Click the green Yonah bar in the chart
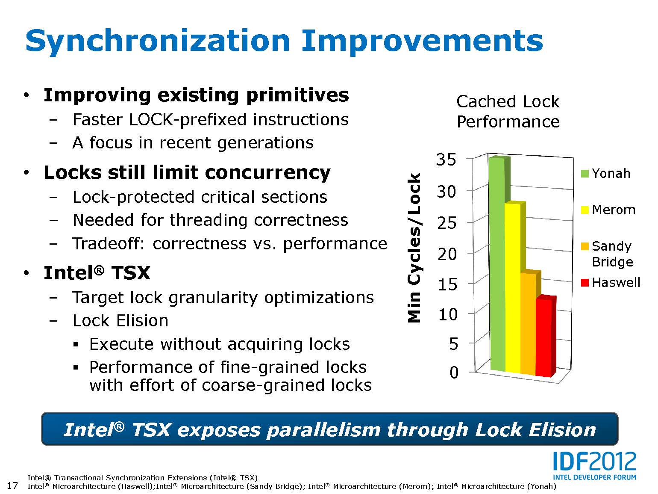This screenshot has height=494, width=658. pyautogui.click(x=497, y=265)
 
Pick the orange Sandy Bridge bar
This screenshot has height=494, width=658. pyautogui.click(x=528, y=325)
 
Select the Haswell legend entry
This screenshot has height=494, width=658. pyautogui.click(x=611, y=283)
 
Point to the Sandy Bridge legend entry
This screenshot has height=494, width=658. pyautogui.click(x=607, y=254)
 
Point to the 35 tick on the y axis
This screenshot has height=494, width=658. pyautogui.click(x=446, y=160)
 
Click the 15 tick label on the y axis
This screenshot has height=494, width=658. pyautogui.click(x=447, y=284)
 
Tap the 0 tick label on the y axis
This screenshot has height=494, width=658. pyautogui.click(x=454, y=373)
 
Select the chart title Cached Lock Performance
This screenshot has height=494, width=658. pyautogui.click(x=508, y=112)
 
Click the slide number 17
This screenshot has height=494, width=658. pyautogui.click(x=13, y=485)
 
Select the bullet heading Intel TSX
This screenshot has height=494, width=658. pyautogui.click(x=97, y=273)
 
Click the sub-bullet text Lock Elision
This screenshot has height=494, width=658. pyautogui.click(x=120, y=321)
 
